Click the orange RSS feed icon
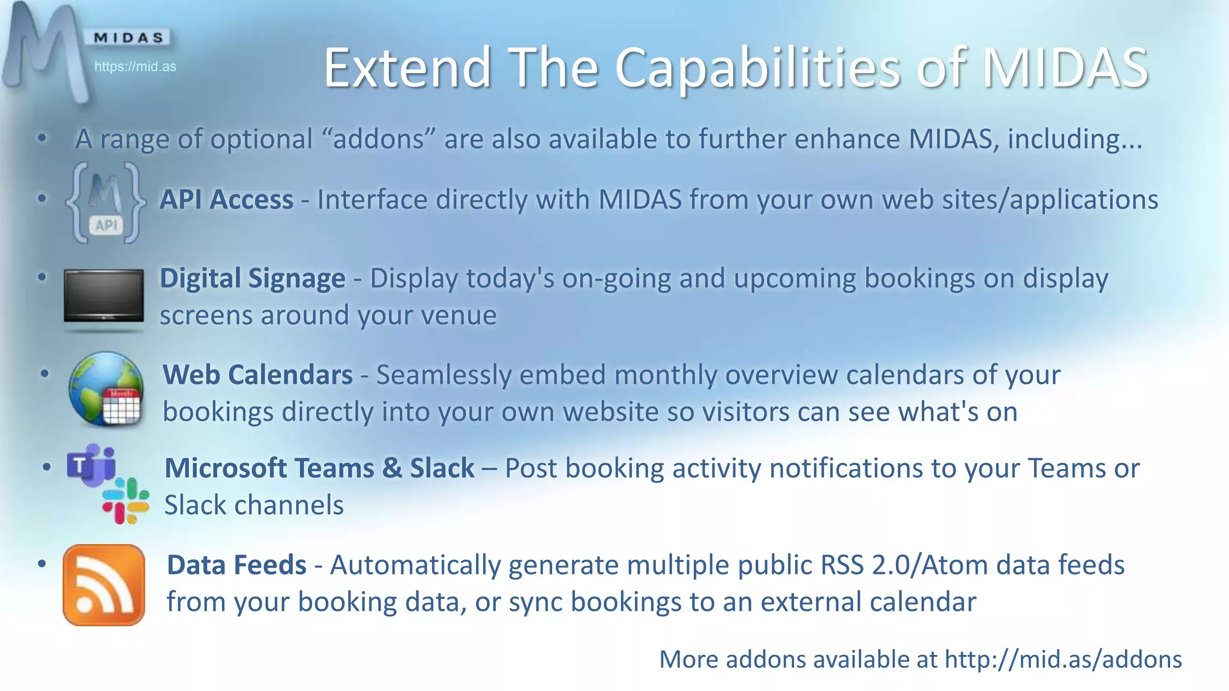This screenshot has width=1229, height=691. [104, 585]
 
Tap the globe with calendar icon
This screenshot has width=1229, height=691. [106, 389]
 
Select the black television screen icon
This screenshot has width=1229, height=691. [104, 296]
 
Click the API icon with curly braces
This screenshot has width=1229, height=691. [106, 202]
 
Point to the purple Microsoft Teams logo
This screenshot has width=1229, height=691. [91, 465]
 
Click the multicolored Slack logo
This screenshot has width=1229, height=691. [125, 501]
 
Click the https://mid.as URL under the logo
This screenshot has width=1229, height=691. [135, 67]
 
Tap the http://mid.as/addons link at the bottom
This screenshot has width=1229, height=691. [1063, 659]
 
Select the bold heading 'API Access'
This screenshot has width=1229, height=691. [226, 200]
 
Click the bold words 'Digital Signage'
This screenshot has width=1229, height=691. [252, 278]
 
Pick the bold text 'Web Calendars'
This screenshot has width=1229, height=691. [257, 375]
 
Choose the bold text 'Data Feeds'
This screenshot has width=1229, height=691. [236, 565]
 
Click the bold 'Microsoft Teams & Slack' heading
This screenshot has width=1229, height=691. [319, 468]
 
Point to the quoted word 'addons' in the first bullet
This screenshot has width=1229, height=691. [379, 139]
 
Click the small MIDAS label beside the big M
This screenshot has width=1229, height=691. [128, 38]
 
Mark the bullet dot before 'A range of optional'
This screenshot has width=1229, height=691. [42, 139]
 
